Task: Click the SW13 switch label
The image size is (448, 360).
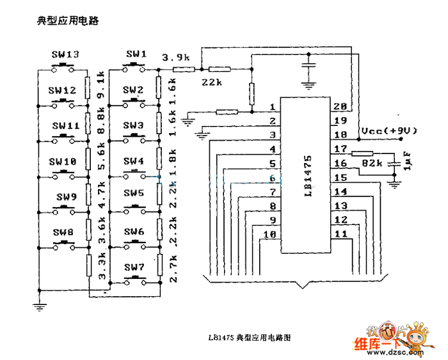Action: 65,55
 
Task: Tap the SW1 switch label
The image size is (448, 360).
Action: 136,54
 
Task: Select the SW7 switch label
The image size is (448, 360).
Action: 134,267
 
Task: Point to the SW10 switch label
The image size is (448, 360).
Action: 65,162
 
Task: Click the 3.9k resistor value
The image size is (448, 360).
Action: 175,58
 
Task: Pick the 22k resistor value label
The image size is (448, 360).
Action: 212,82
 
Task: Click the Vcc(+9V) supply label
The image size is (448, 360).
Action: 388,130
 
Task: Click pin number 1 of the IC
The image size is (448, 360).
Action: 273,107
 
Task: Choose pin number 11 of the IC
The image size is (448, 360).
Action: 340,234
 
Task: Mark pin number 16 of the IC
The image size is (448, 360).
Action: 340,164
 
